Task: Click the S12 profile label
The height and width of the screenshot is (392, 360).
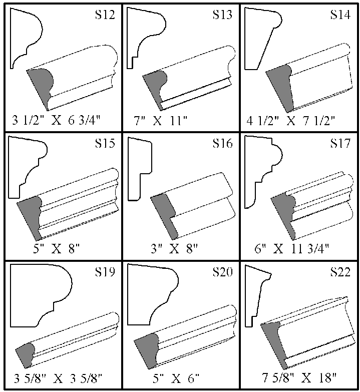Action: pos(105,15)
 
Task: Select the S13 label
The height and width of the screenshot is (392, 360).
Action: pos(222,15)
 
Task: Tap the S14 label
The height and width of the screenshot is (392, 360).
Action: pos(340,15)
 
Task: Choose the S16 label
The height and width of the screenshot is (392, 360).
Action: pos(222,145)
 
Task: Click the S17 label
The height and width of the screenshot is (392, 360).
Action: pos(340,145)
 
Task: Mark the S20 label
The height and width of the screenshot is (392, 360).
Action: pos(222,273)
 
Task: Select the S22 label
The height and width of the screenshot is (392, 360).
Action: pos(340,273)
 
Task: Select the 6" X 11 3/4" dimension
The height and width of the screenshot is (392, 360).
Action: pos(298,248)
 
